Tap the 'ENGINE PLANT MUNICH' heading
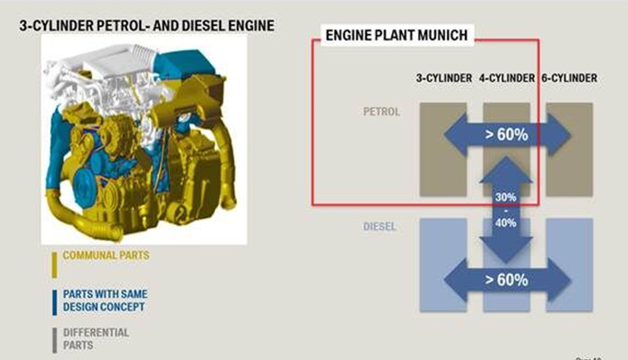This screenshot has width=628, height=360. point(397,36)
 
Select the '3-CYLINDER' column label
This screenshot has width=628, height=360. point(443,78)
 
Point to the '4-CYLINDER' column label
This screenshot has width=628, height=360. point(507,78)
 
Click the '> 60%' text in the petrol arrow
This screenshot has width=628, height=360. point(507,135)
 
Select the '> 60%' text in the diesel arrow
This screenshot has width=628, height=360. point(507,278)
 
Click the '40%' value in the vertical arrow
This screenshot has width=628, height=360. point(506,222)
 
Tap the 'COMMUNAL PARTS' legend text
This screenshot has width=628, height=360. point(105,256)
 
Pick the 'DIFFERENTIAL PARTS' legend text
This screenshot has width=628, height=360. point(97,338)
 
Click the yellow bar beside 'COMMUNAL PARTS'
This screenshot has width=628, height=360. point(54,264)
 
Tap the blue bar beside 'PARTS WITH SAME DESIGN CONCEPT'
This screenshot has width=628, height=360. point(54,302)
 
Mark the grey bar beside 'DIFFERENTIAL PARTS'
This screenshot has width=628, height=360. point(54,339)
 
